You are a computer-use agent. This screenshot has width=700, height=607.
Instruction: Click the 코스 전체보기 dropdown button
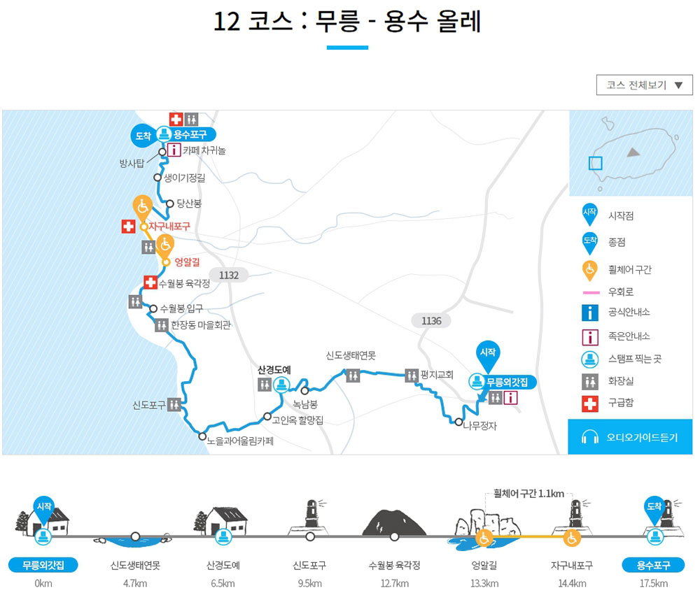pos(644,85)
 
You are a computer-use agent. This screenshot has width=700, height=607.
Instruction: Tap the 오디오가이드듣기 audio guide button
pos(631,438)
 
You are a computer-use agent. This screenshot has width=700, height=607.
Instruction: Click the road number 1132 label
pos(229,276)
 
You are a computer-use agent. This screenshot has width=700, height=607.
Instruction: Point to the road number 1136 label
pos(431,321)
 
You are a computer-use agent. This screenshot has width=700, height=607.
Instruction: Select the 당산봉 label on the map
pos(189,203)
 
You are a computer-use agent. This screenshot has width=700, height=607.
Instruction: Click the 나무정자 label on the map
pos(479,424)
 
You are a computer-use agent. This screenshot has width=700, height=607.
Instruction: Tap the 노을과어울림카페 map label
pos(240,441)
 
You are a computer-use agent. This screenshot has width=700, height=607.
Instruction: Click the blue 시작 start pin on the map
pos(487,352)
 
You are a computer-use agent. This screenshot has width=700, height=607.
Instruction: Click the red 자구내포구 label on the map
pos(169,227)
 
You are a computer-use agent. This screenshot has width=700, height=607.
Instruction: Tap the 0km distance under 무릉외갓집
pos(43,584)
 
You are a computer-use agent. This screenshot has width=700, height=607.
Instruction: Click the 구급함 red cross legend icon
pos(590,404)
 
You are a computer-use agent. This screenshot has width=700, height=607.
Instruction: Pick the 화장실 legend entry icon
pos(590,381)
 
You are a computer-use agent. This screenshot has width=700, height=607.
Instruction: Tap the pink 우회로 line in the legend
pos(589,292)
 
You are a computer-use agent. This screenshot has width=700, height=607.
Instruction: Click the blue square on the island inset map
pos(595,163)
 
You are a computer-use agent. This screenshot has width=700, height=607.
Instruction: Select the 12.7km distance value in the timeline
pos(394,584)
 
